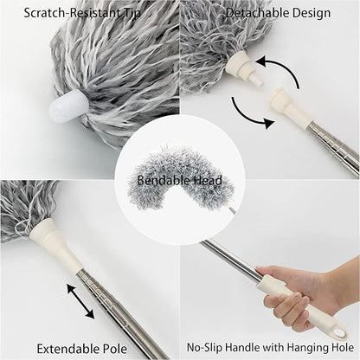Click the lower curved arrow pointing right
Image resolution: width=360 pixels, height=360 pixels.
248,115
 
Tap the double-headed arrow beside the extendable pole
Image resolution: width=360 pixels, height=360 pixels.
80,301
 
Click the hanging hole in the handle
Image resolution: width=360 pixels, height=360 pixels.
340,332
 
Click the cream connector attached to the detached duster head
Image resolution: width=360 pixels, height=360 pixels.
244,67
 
